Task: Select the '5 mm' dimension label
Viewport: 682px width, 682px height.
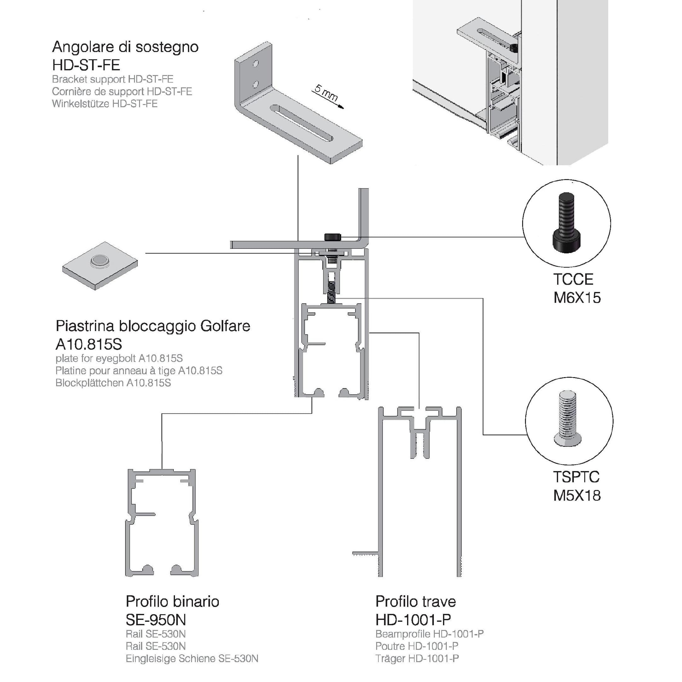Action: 325,92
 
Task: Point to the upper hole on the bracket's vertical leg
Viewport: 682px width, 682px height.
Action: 256,64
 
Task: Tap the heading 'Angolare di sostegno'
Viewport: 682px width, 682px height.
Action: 125,47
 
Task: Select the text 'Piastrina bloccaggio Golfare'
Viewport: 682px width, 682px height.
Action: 153,326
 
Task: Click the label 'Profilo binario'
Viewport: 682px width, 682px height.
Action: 172,602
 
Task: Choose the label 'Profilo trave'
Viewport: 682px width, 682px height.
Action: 416,602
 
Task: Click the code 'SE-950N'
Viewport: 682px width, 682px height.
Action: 156,620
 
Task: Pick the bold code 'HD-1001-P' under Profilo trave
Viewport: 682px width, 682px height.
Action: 413,620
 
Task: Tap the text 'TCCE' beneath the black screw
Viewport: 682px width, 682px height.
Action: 573,280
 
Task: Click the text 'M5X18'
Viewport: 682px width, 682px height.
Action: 577,496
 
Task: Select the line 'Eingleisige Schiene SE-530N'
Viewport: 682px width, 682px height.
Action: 192,658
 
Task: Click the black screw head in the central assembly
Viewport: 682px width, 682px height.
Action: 333,236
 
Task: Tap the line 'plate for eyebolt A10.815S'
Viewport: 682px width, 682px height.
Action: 119,358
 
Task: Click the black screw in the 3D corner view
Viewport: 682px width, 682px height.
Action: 514,48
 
